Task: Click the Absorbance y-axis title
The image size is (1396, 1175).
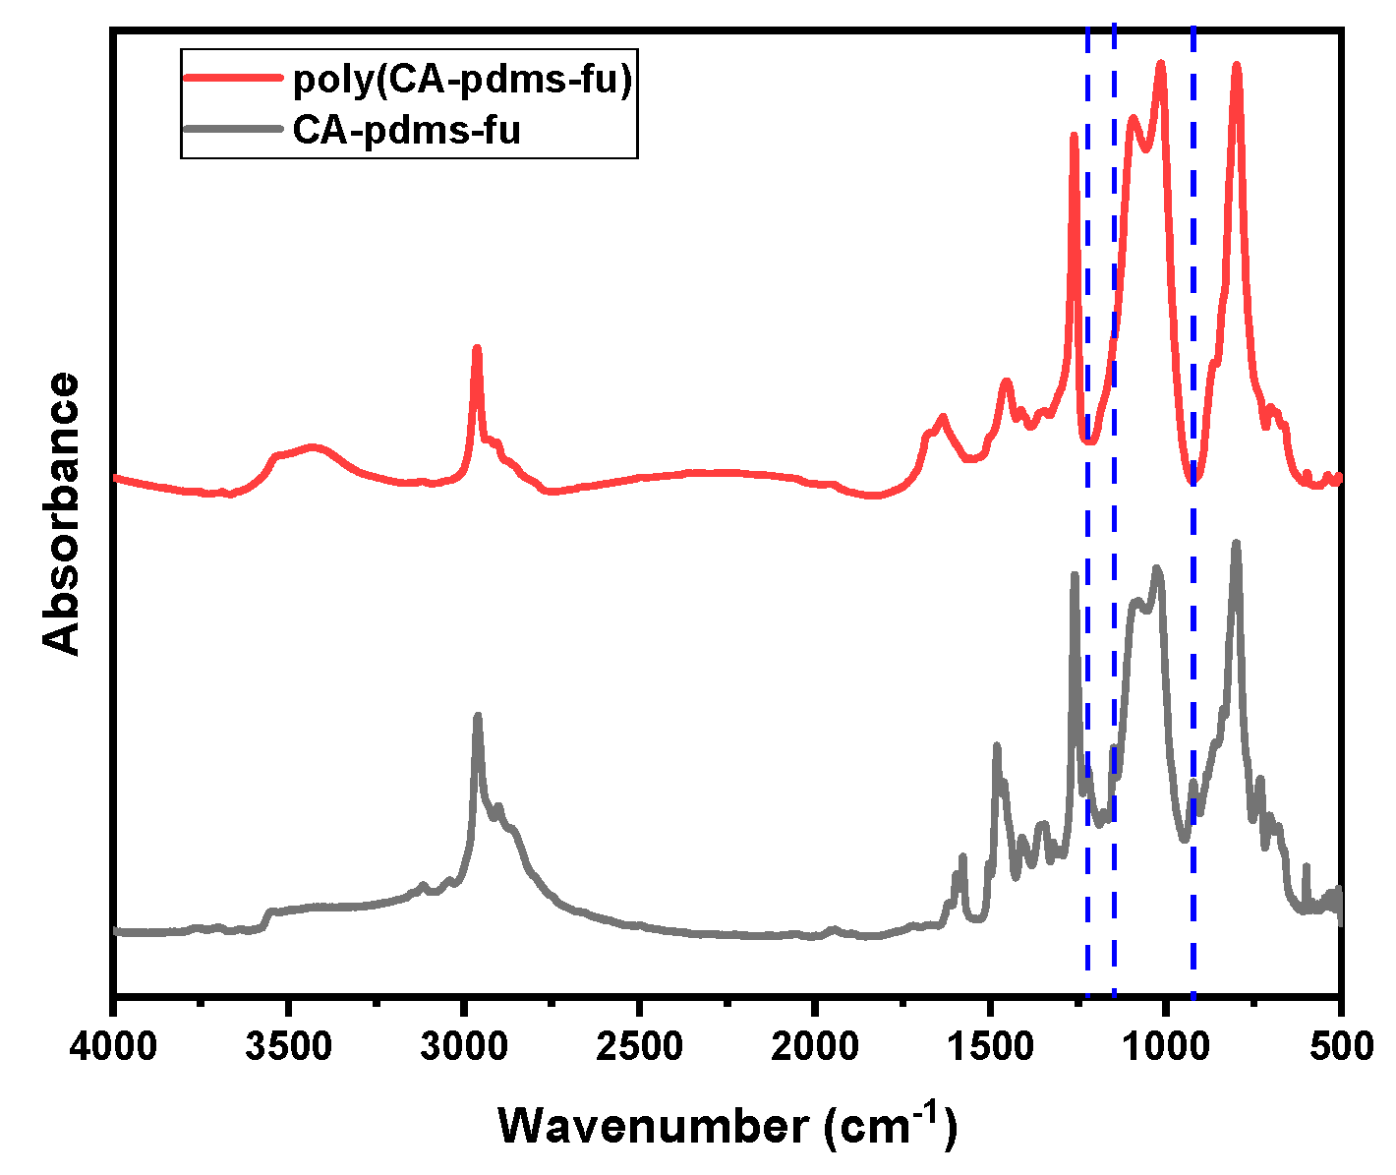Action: [62, 513]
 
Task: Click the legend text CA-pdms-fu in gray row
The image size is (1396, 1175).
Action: [407, 130]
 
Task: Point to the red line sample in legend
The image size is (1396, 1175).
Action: [234, 81]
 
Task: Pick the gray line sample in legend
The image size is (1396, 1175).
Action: [234, 130]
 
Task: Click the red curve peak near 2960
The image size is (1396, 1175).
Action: [477, 349]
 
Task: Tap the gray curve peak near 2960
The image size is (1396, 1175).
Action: [478, 717]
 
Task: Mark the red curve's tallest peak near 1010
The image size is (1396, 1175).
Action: [1161, 64]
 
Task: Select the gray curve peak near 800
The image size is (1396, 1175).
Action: [1236, 543]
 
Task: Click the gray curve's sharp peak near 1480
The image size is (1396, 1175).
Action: [997, 746]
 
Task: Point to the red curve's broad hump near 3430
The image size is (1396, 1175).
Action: [314, 447]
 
